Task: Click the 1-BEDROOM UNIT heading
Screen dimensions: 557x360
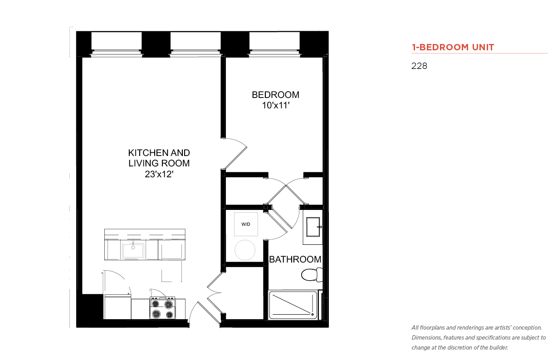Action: pyautogui.click(x=453, y=47)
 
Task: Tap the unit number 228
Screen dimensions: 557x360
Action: pyautogui.click(x=419, y=66)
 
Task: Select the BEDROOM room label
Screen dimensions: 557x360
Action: pyautogui.click(x=275, y=95)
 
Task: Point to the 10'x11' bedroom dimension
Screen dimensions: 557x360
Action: pyautogui.click(x=276, y=105)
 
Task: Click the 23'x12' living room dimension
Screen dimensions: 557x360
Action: pyautogui.click(x=159, y=174)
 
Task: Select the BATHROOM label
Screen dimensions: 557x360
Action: pyautogui.click(x=295, y=259)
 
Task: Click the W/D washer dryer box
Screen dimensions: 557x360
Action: pyautogui.click(x=246, y=224)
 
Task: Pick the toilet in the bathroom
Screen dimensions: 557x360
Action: pyautogui.click(x=312, y=275)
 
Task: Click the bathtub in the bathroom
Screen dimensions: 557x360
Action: pyautogui.click(x=293, y=305)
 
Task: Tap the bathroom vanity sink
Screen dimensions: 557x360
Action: pyautogui.click(x=313, y=227)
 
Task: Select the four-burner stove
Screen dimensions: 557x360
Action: pyautogui.click(x=162, y=308)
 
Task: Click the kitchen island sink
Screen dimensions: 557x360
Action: pyautogui.click(x=133, y=250)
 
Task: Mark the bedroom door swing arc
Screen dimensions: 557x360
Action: pyautogui.click(x=238, y=142)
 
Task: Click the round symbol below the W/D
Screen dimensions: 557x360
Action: pyautogui.click(x=245, y=250)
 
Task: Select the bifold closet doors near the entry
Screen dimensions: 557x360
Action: pyautogui.click(x=215, y=293)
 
